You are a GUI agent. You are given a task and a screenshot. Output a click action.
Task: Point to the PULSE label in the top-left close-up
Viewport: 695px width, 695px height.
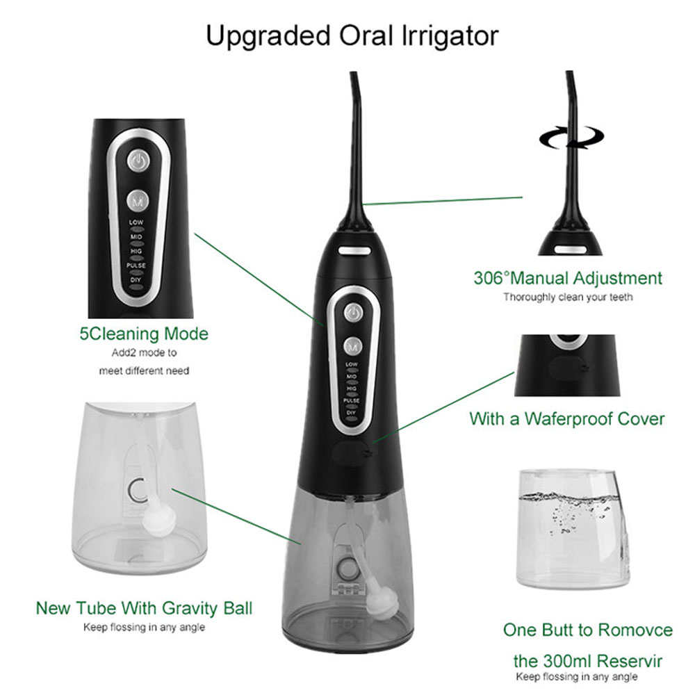136,265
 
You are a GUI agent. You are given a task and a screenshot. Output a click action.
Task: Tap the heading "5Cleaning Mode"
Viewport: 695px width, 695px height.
144,334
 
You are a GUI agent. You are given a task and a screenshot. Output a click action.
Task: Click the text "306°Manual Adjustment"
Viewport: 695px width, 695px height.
568,279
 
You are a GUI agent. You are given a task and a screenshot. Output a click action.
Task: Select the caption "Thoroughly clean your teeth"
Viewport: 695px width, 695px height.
568,297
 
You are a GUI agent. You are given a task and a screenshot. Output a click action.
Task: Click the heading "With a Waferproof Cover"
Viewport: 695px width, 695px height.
566,419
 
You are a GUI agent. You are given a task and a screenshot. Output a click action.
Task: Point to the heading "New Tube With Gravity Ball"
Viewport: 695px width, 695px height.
144,609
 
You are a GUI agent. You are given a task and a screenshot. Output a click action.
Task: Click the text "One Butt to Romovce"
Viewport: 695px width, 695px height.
588,630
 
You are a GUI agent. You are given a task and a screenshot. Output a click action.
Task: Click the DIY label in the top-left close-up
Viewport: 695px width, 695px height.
136,279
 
